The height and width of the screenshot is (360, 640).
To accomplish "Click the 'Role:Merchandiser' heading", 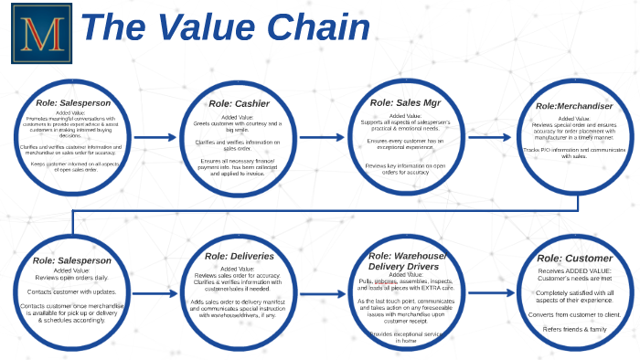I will pos(574,105).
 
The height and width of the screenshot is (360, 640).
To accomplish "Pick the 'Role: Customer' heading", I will pos(575,259).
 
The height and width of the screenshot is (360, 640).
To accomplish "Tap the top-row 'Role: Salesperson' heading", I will pos(72,103).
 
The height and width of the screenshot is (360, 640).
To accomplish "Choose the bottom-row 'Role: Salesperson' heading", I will pos(71,260).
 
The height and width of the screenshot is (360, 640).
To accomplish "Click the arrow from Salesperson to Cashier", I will pos(158,138).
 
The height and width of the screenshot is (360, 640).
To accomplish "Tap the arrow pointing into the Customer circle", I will pos(491,294).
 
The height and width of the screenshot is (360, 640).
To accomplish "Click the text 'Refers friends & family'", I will pos(575,329).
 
